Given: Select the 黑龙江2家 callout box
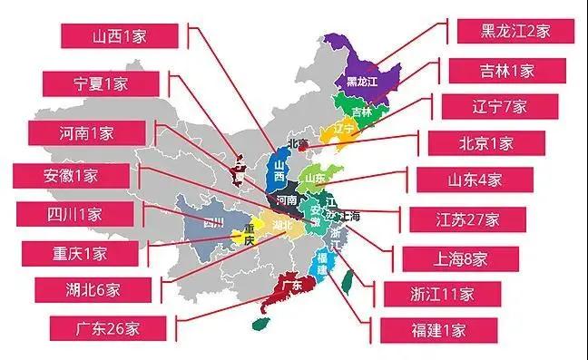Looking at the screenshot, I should click(514, 31).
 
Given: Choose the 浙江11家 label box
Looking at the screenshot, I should click(441, 293).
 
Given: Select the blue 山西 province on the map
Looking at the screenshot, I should click(279, 171).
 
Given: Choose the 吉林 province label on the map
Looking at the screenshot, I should click(361, 112).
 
